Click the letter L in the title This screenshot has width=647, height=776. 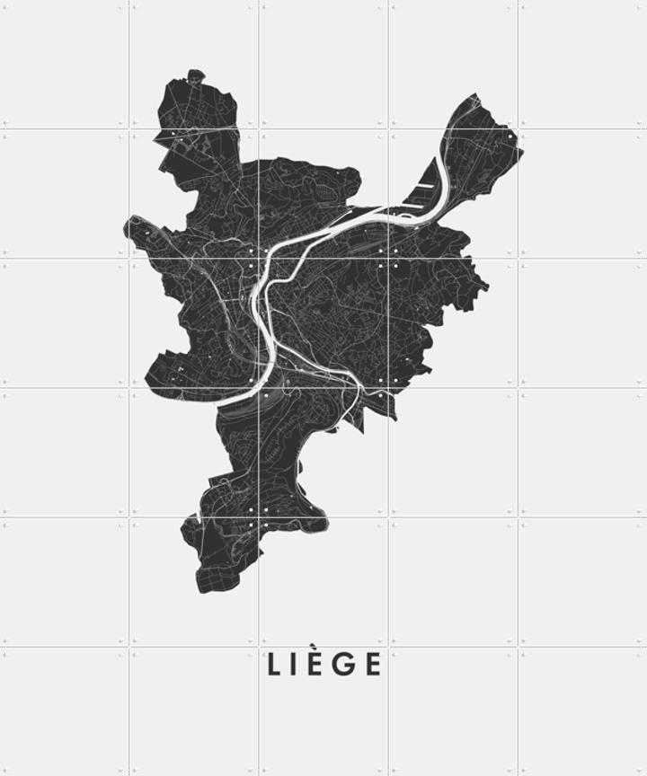(274, 665)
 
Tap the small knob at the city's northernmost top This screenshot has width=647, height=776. (195, 76)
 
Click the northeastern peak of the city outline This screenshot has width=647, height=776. (475, 95)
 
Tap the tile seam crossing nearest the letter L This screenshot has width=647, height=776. (259, 647)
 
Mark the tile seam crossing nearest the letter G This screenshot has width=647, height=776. (388, 647)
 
